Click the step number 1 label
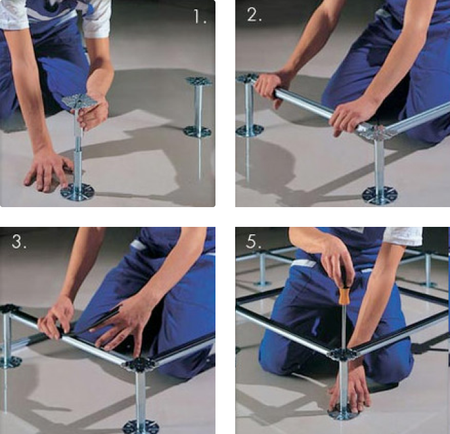(200, 16)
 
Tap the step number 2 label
(254, 14)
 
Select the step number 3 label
(19, 241)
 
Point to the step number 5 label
(254, 241)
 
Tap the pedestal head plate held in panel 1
(79, 101)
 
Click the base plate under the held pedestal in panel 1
(78, 191)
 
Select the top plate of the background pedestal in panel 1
(198, 81)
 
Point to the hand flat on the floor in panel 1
(47, 171)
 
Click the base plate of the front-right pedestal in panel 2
(380, 195)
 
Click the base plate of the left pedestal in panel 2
(250, 131)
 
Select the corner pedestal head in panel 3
(141, 366)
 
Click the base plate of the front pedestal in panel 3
(141, 427)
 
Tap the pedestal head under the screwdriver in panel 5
(343, 354)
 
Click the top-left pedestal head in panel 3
(7, 309)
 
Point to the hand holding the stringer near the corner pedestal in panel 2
(353, 118)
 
